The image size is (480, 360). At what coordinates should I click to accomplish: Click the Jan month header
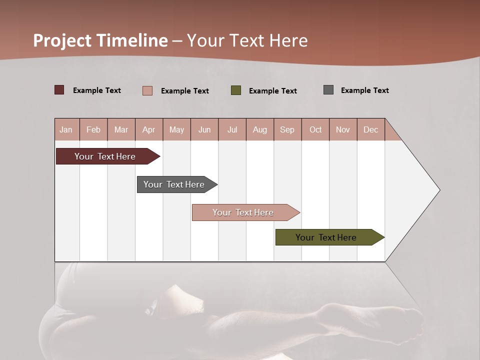coord(66,130)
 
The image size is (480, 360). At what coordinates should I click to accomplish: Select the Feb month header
coord(93,130)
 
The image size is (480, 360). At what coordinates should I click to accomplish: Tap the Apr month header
coord(148,130)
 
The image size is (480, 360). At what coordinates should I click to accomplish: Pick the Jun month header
coord(204,130)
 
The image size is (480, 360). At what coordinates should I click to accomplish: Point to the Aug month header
coord(259,130)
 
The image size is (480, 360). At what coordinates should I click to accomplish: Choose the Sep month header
coord(287,130)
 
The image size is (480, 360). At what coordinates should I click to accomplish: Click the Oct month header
coord(315,130)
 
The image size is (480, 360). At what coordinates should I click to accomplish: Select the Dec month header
coord(370,130)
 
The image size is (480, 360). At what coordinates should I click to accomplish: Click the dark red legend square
coord(59,90)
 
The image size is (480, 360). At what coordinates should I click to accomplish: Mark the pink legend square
coord(147,90)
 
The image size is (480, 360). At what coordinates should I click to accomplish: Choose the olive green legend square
coord(236,90)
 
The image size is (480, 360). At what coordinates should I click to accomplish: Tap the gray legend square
coord(328,90)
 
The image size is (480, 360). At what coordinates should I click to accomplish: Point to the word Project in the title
coord(62,40)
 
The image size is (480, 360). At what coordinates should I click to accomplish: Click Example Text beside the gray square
coord(364,90)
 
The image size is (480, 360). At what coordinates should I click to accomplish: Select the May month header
coord(176,130)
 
